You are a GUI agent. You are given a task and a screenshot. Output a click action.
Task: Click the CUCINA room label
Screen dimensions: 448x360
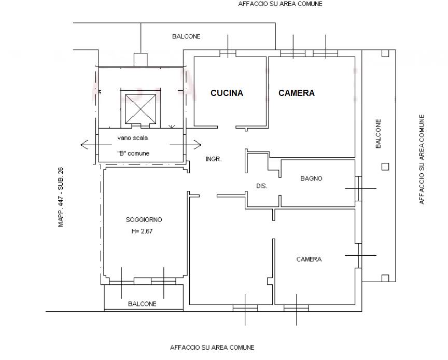point(227,93)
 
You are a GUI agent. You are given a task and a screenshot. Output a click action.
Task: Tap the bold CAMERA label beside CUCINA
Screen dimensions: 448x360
point(297,93)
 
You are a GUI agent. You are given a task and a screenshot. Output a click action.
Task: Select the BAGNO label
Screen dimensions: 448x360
point(311,178)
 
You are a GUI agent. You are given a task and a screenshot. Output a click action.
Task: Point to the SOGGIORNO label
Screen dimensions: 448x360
point(144,220)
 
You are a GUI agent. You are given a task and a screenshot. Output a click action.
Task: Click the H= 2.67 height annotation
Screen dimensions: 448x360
point(142,231)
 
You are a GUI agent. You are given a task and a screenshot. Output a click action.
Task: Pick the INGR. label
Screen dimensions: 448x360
point(214,159)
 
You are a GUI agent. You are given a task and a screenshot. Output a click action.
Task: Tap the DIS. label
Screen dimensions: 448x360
point(262,186)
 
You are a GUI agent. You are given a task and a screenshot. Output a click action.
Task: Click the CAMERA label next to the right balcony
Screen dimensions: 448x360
point(309,259)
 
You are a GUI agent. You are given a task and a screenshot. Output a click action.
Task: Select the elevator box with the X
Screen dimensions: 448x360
point(141,109)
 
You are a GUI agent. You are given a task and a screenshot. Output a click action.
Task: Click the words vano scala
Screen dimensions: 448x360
point(133,138)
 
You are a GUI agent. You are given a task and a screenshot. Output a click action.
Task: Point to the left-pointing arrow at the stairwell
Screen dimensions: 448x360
point(96,145)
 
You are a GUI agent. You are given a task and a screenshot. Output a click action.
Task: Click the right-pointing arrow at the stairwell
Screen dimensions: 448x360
point(186,145)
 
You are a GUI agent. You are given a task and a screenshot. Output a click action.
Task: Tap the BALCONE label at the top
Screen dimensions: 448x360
point(186,37)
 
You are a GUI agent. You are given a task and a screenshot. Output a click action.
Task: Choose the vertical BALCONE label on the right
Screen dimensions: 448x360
point(379,134)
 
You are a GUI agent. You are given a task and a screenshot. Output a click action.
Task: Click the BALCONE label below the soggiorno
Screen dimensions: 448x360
point(142,303)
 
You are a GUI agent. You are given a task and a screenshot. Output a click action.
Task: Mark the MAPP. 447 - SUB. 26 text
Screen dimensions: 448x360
point(61,197)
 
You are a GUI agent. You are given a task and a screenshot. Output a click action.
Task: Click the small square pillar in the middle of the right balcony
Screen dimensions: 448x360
point(385,167)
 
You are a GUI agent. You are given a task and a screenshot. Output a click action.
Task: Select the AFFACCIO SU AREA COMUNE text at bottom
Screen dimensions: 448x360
point(212,348)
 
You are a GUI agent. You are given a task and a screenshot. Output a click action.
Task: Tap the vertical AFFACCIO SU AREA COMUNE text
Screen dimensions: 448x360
point(422,160)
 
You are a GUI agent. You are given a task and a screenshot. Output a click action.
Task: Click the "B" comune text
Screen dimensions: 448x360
point(133,153)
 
